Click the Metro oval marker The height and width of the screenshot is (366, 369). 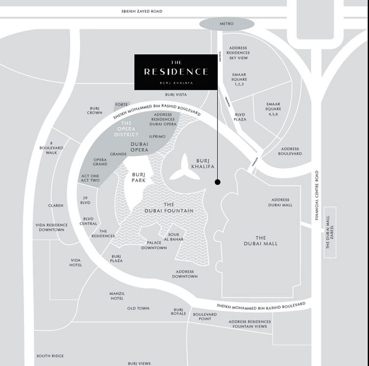pyautogui.click(x=227, y=24)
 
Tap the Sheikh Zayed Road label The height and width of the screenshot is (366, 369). pyautogui.click(x=142, y=11)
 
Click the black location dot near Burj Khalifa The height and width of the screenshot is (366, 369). pyautogui.click(x=217, y=182)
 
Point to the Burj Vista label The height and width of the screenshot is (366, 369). pyautogui.click(x=176, y=95)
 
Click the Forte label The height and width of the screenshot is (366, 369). pyautogui.click(x=121, y=105)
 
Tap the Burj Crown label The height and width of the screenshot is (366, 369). pyautogui.click(x=95, y=111)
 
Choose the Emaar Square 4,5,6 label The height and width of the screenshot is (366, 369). pyautogui.click(x=273, y=109)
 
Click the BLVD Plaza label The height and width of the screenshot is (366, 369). pyautogui.click(x=240, y=117)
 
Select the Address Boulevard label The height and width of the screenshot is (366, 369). pyautogui.click(x=290, y=151)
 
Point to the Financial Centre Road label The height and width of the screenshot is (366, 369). pyautogui.click(x=317, y=195)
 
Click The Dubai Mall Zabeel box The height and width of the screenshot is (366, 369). pyautogui.click(x=330, y=232)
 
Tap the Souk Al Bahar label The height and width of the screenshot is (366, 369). pyautogui.click(x=174, y=237)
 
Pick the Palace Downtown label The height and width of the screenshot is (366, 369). pyautogui.click(x=154, y=245)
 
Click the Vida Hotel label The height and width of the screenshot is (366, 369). pyautogui.click(x=76, y=263)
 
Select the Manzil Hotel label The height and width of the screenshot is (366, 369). pyautogui.click(x=117, y=296)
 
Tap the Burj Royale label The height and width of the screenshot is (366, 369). pyautogui.click(x=178, y=312)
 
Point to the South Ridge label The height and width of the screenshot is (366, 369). pyautogui.click(x=50, y=356)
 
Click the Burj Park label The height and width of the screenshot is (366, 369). pyautogui.click(x=139, y=178)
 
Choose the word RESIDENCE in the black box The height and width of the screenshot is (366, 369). pyautogui.click(x=176, y=72)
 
